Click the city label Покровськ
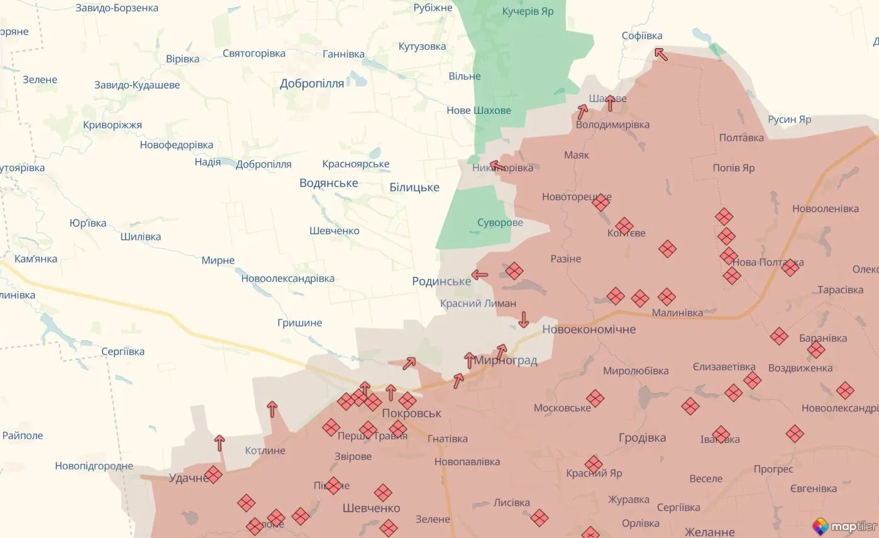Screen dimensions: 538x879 click(412, 413)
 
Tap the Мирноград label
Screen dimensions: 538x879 click(506, 361)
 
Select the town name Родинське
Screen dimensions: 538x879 click(441, 281)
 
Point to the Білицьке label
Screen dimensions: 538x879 click(414, 187)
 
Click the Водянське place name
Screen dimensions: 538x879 click(329, 183)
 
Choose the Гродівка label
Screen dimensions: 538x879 click(642, 437)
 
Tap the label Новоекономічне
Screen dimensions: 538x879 click(589, 329)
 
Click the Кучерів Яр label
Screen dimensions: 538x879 click(528, 11)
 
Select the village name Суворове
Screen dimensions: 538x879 click(500, 223)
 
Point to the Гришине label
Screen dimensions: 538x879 click(299, 323)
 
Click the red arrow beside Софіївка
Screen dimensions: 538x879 click(661, 54)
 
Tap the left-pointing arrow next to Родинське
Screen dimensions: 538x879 click(480, 274)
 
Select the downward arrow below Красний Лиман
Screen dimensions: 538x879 click(523, 320)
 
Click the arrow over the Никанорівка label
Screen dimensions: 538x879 click(497, 166)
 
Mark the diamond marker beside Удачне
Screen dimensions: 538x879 click(213, 474)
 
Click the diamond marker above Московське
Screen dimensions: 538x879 click(595, 398)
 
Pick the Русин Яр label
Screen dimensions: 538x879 click(789, 119)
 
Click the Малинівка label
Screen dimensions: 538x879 click(677, 312)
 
